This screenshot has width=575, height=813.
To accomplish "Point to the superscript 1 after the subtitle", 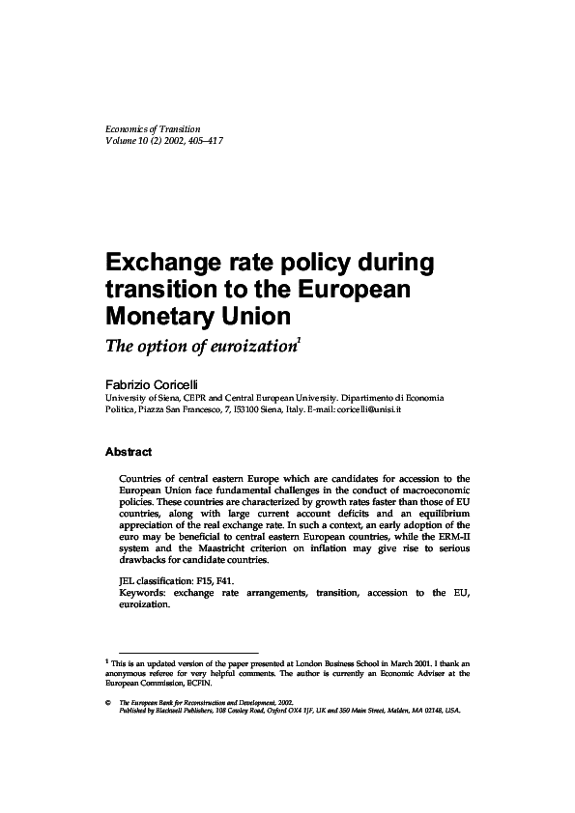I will (299, 336).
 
